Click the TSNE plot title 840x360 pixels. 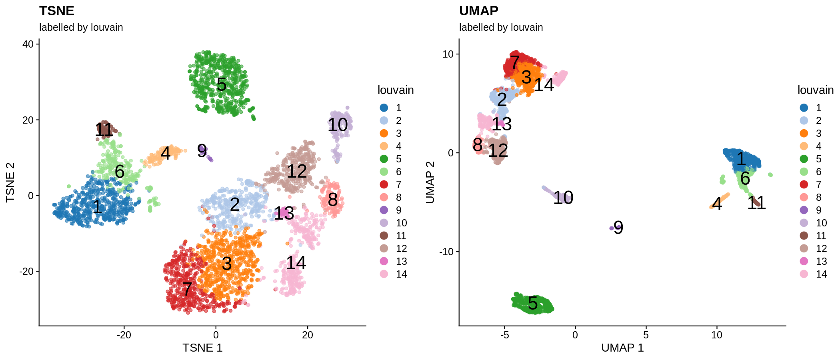56,11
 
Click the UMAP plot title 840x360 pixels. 478,11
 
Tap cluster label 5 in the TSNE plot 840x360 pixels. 221,84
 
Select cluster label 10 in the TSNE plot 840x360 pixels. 338,125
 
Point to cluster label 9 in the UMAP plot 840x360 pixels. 618,228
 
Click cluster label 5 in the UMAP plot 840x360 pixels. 532,303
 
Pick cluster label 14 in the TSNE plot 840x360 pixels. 296,263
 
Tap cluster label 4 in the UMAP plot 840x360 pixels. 717,204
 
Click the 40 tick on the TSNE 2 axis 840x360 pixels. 28,44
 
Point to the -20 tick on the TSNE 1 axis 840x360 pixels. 124,335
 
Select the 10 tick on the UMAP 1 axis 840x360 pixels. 717,335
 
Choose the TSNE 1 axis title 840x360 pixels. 202,348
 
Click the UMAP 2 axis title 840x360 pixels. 430,182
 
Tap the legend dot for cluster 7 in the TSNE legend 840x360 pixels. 384,184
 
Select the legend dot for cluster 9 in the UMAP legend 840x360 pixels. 804,210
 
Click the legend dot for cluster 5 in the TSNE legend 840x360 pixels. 384,159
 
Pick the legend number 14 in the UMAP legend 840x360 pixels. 821,274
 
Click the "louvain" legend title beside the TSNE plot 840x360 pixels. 395,90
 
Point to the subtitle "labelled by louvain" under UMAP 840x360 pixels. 501,27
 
